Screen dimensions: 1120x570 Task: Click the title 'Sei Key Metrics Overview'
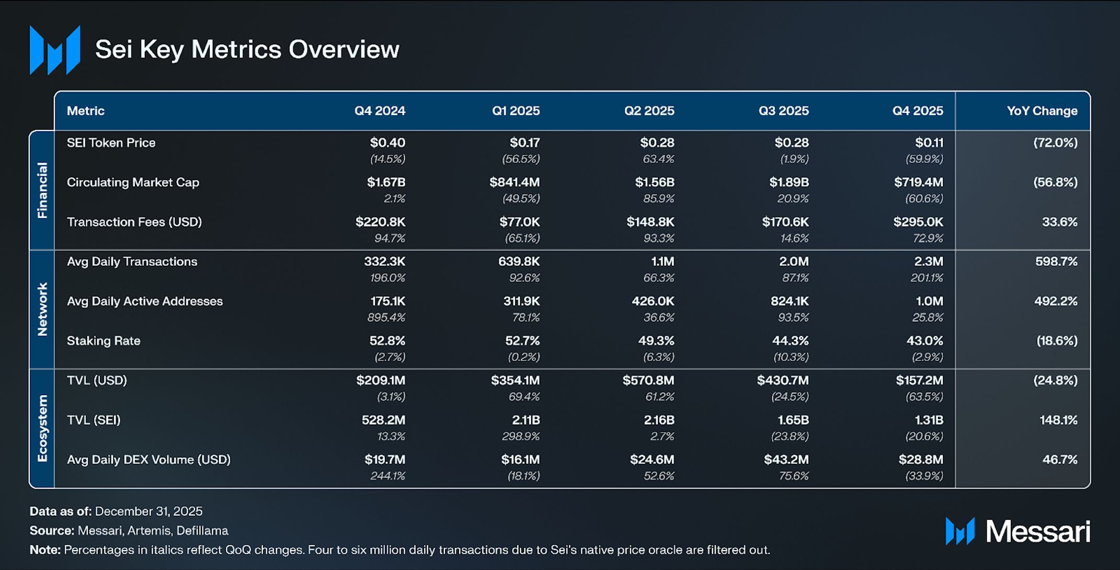pos(247,50)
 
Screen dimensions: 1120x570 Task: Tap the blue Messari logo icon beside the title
pos(55,50)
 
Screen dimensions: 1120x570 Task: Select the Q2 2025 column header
pos(649,111)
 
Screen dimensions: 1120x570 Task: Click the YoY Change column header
pos(1042,111)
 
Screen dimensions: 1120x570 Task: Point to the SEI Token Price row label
pos(111,143)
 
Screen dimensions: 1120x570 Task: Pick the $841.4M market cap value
pos(515,183)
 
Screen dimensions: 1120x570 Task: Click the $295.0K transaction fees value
pos(918,222)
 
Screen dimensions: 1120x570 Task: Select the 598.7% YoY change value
pos(1056,261)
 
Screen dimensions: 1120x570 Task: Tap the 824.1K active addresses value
pos(790,301)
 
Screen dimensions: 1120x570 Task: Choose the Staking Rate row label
pos(104,341)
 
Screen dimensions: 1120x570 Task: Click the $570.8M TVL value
pos(648,381)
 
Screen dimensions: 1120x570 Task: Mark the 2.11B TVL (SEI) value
pos(526,420)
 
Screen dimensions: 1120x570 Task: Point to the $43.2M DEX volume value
pos(786,460)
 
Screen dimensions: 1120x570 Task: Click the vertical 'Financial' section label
pos(42,190)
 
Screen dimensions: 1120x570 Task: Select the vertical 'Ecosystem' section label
pos(42,429)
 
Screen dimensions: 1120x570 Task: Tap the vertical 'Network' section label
pos(42,309)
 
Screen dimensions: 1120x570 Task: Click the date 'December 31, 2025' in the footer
pos(148,511)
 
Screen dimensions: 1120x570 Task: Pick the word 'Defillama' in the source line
pos(202,531)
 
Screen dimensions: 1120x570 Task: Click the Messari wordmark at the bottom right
pos(1038,532)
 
